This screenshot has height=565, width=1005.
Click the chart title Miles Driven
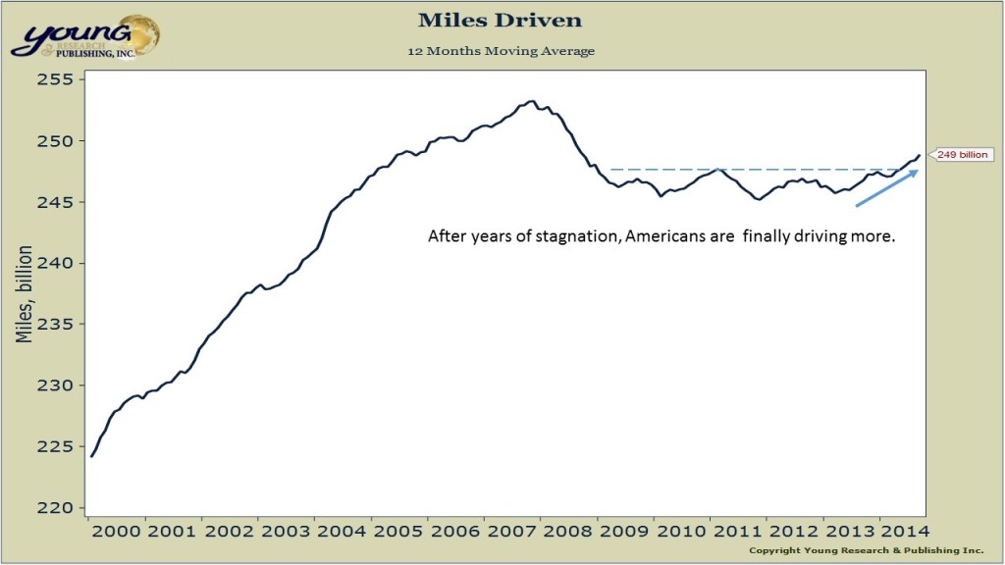coord(502,20)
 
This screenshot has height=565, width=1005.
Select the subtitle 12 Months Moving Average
coord(502,50)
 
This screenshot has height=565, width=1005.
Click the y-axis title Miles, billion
coord(25,293)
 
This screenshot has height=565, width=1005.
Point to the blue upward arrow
coord(887,188)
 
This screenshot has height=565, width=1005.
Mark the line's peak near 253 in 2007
coord(531,101)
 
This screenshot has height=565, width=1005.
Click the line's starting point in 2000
coord(91,456)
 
